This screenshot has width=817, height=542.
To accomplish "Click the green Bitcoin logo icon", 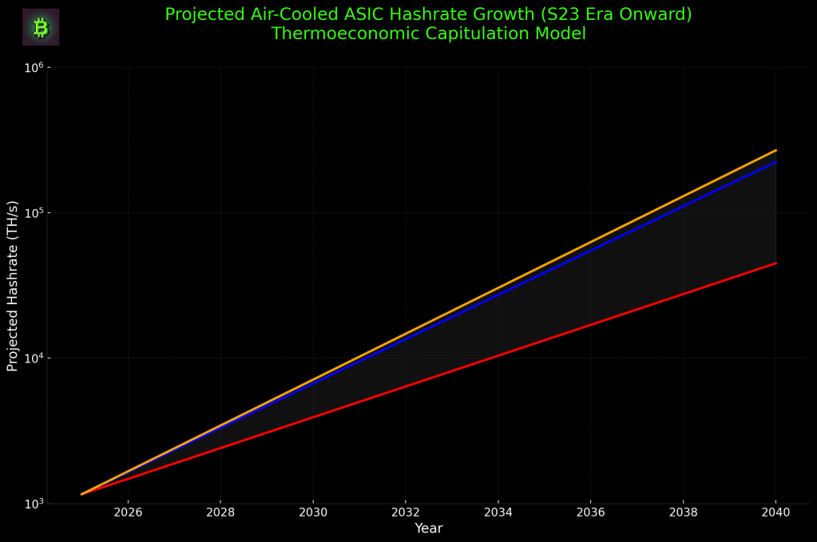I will pyautogui.click(x=41, y=28).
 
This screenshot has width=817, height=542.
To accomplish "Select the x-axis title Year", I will pyautogui.click(x=428, y=528).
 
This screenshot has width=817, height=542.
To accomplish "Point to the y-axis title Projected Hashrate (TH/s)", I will pyautogui.click(x=13, y=286).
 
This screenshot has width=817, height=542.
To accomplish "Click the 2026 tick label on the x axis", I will pyautogui.click(x=128, y=512).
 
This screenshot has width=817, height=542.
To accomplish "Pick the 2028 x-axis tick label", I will pyautogui.click(x=220, y=512).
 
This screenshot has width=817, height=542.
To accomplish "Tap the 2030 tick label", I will pyautogui.click(x=313, y=512).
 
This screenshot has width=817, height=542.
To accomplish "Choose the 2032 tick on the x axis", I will pyautogui.click(x=406, y=512).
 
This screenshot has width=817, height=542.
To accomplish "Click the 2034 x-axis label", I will pyautogui.click(x=498, y=512).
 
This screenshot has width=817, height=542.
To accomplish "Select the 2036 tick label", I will pyautogui.click(x=590, y=512).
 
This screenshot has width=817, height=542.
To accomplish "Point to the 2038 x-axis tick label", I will pyautogui.click(x=683, y=512).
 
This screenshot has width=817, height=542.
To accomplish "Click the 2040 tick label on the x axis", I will pyautogui.click(x=775, y=512).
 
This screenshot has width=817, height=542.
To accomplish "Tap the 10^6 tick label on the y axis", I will pyautogui.click(x=33, y=68).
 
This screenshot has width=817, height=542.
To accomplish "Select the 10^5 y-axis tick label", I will pyautogui.click(x=33, y=213).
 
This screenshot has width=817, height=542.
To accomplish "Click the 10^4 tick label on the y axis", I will pyautogui.click(x=33, y=358).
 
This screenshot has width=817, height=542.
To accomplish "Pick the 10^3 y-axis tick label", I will pyautogui.click(x=33, y=504).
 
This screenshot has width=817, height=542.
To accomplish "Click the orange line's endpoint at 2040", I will pyautogui.click(x=775, y=150).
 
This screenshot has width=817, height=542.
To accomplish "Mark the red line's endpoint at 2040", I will pyautogui.click(x=775, y=263).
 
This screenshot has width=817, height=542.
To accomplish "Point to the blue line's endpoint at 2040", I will pyautogui.click(x=775, y=162).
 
